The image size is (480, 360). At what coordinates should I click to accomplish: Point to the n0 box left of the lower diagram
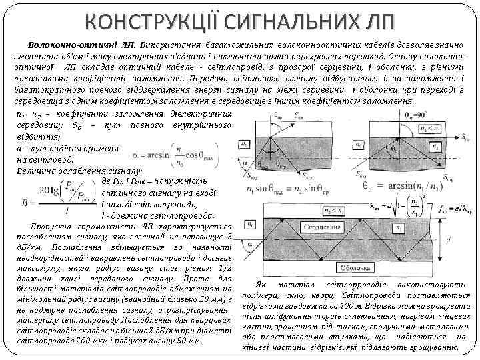[251, 227]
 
